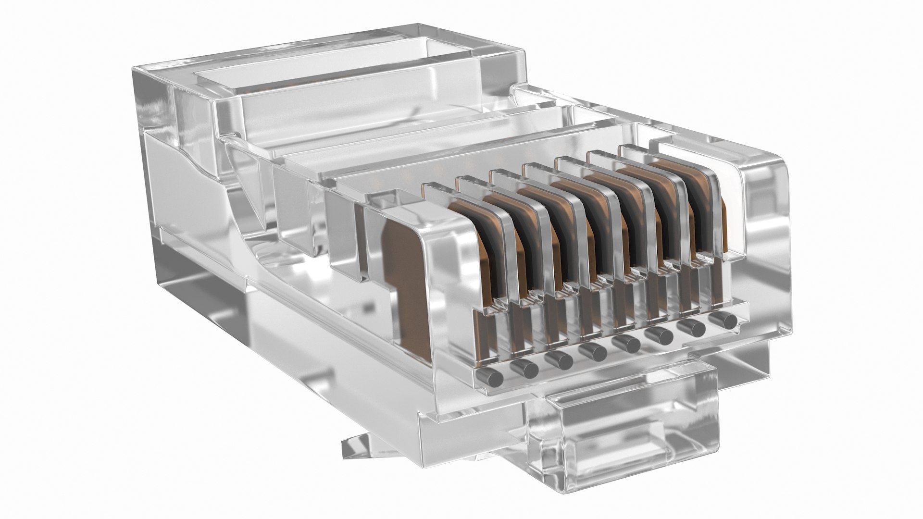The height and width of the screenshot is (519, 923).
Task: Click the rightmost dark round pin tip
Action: [x=724, y=321]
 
